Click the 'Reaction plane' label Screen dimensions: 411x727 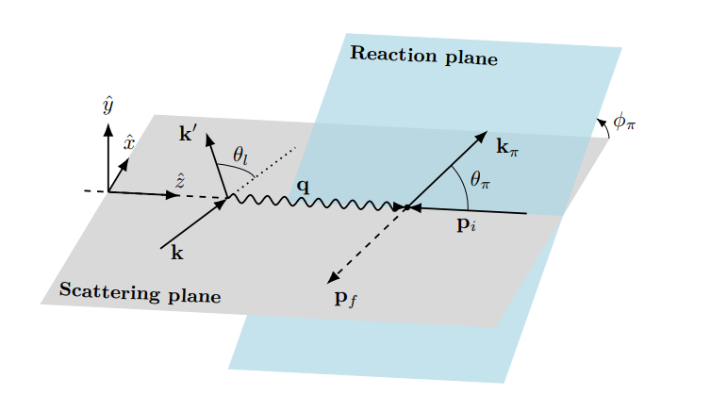423,56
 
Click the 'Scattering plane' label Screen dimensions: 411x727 140,292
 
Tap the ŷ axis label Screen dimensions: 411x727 108,105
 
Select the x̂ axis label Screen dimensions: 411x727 130,143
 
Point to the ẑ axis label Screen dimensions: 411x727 179,178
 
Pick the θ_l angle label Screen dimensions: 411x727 240,155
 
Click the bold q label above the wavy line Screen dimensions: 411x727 303,186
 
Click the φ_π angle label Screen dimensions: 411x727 624,121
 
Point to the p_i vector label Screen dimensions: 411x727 468,226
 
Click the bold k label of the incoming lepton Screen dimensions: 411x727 176,253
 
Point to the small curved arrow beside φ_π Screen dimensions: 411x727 603,125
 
